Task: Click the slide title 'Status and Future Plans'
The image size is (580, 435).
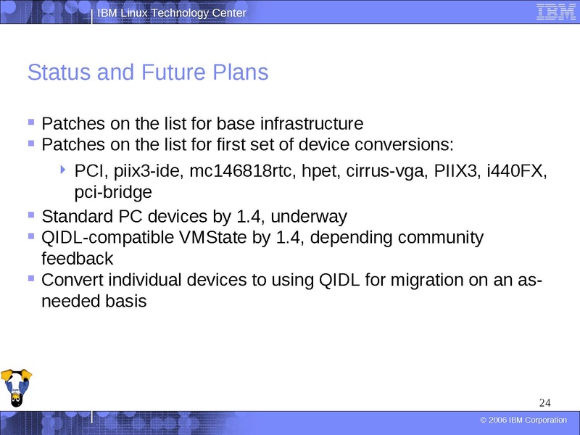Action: coord(147,73)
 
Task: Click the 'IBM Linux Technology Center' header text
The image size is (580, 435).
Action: coord(172,13)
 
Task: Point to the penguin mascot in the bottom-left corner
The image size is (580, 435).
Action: coord(17,389)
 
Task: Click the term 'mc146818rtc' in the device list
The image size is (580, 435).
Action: coord(236,172)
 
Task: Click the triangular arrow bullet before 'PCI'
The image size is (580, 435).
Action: coord(64,170)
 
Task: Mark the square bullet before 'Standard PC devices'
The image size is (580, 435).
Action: coord(31,215)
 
